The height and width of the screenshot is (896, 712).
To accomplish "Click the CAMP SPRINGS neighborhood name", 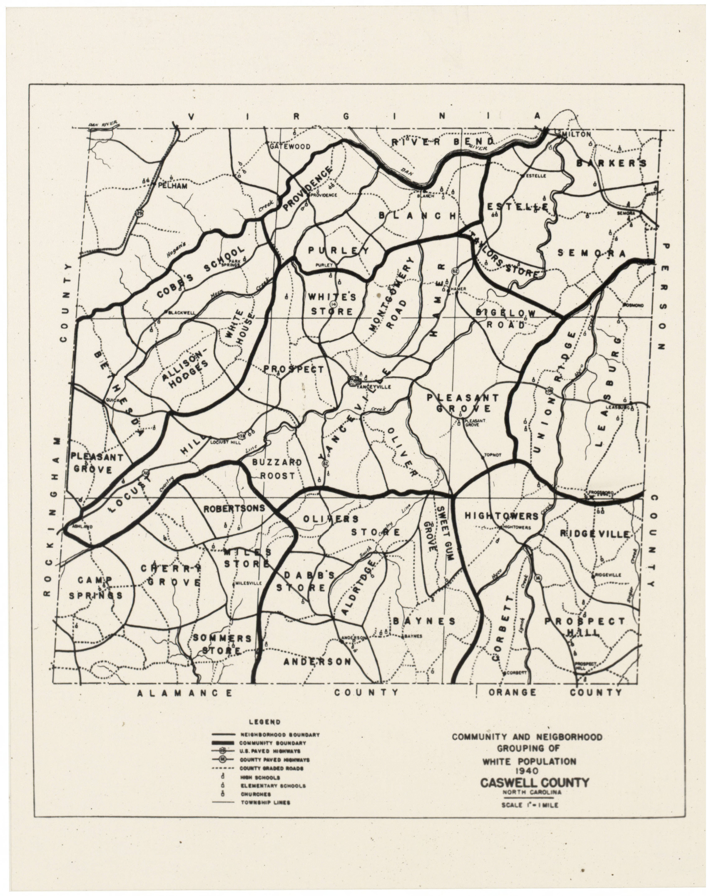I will (96, 588).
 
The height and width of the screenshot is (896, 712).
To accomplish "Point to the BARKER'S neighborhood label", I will (611, 163).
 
